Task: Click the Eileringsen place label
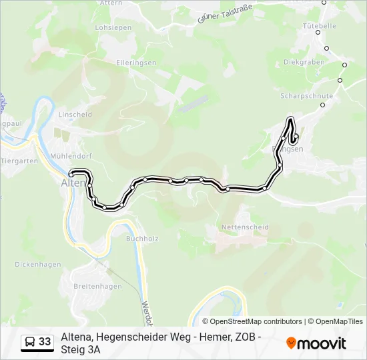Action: click(136, 63)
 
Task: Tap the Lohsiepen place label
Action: click(113, 28)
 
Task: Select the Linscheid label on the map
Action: click(75, 115)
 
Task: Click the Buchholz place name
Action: click(140, 237)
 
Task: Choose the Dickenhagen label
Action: click(37, 264)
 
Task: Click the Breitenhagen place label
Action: click(97, 287)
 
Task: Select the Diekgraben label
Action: click(304, 62)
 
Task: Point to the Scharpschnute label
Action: click(306, 96)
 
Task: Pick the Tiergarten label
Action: click(19, 161)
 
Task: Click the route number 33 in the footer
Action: click(45, 342)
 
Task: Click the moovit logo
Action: click(316, 343)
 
